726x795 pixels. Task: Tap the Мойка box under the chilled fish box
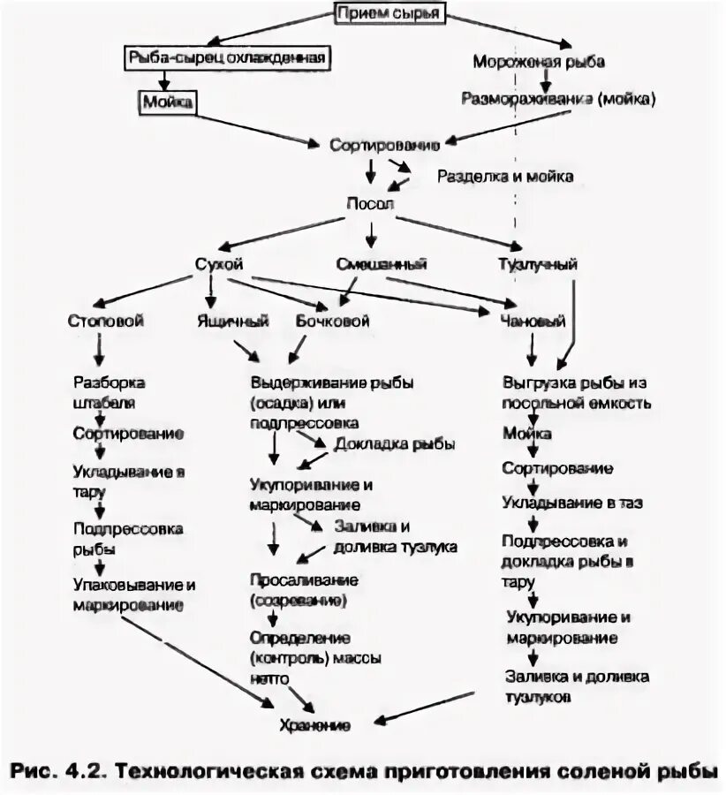[167, 102]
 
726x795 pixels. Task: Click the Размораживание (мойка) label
[559, 99]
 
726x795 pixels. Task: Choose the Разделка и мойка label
[505, 177]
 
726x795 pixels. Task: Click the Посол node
[369, 204]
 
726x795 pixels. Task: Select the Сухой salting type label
[218, 264]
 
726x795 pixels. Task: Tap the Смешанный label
[382, 264]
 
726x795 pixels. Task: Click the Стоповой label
[105, 322]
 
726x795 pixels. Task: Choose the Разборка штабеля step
[110, 393]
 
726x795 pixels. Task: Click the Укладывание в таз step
[573, 503]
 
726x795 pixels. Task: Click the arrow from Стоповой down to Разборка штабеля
[100, 351]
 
